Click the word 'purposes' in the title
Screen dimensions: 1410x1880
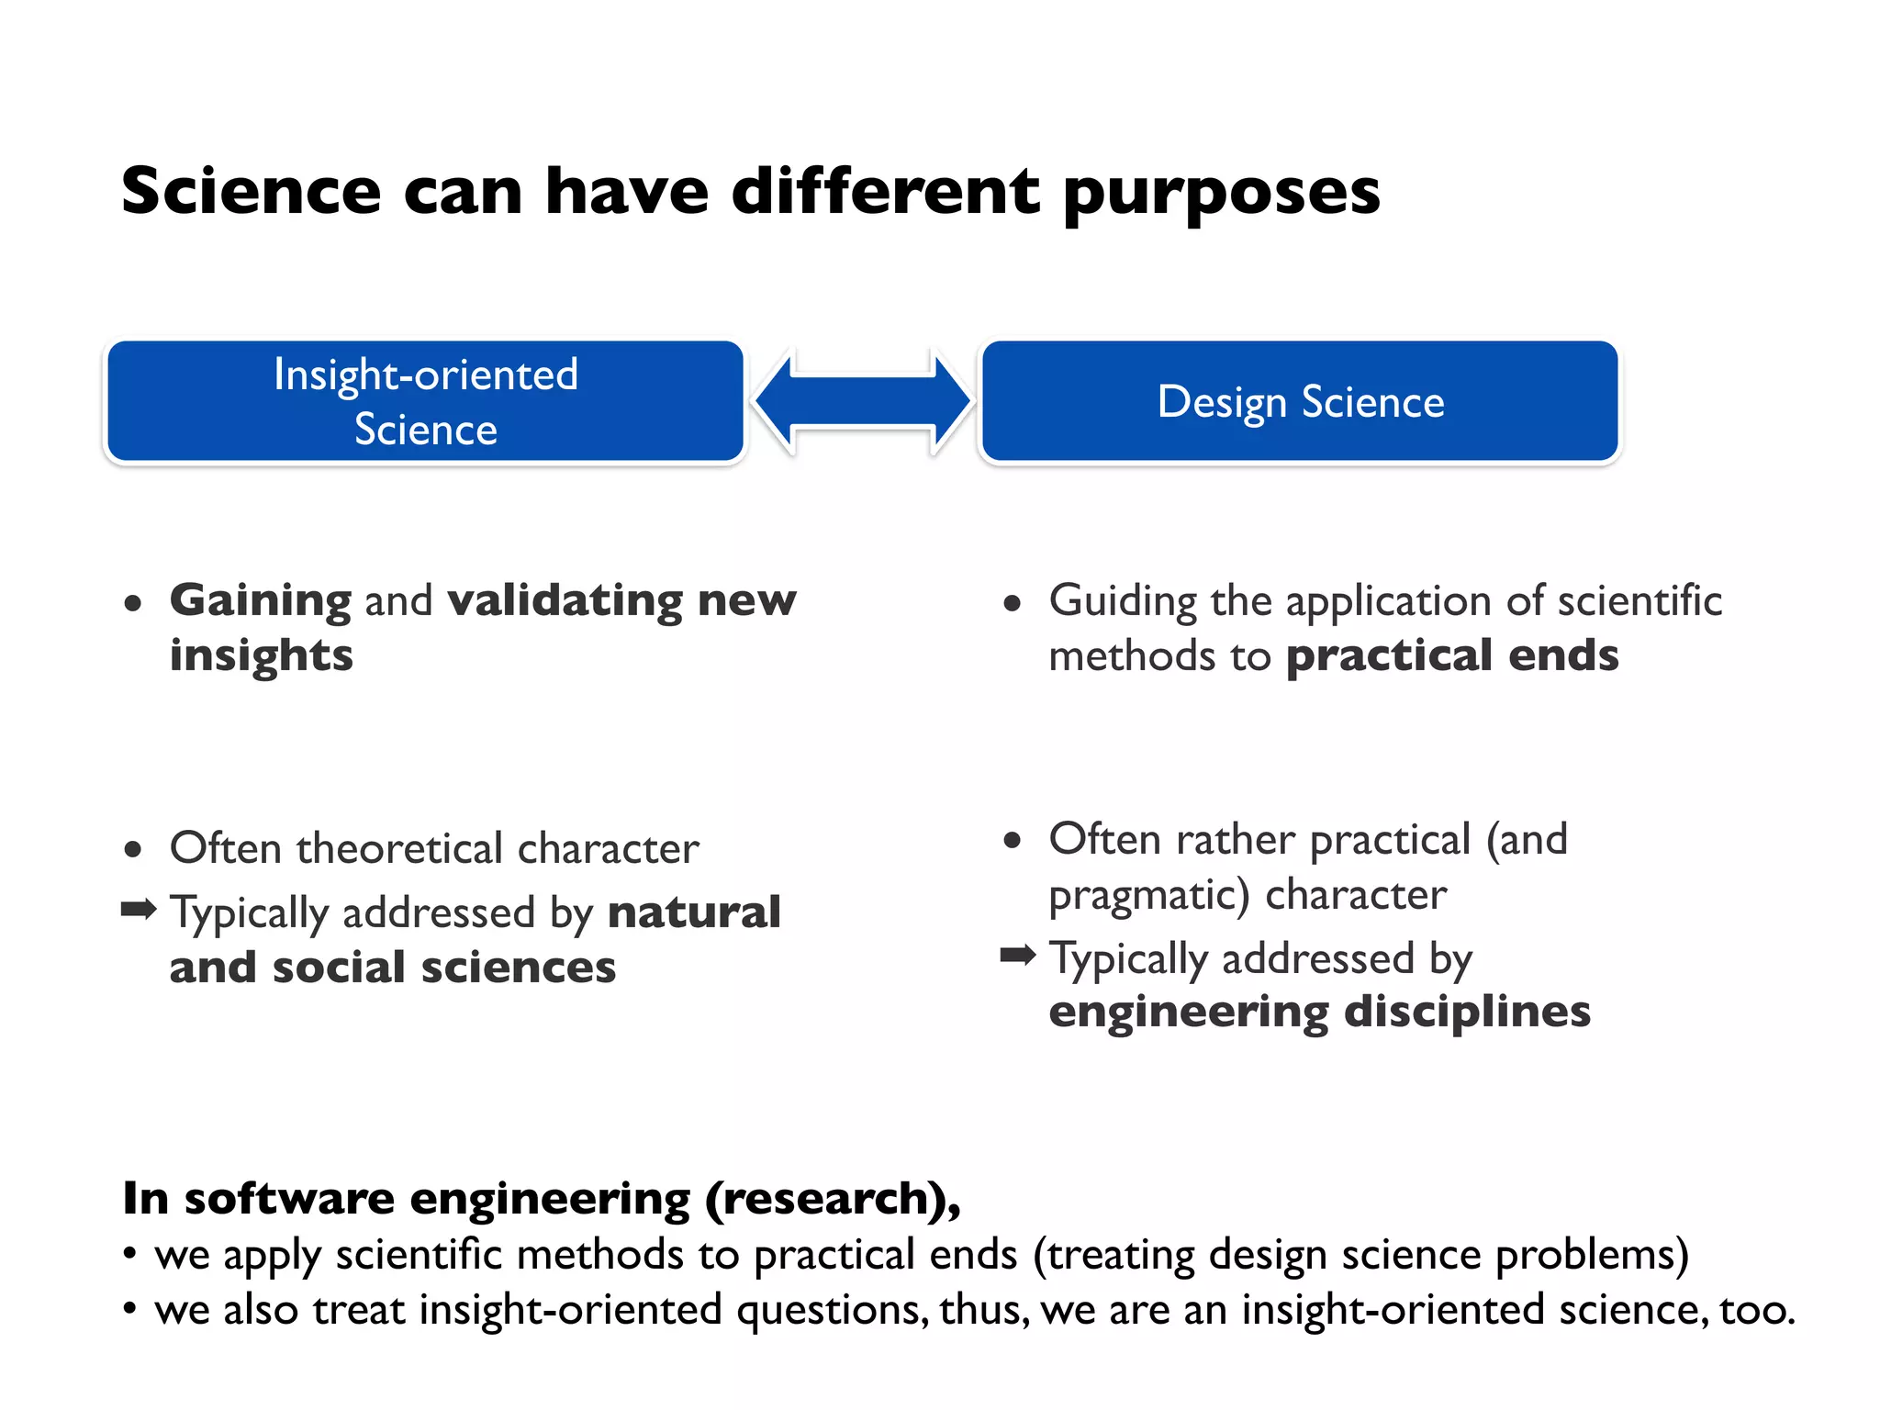pyautogui.click(x=1221, y=195)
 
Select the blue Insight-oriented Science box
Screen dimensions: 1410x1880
pyautogui.click(x=425, y=401)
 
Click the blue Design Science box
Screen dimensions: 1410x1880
pyautogui.click(x=1300, y=401)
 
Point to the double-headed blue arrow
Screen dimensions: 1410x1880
pyautogui.click(x=862, y=401)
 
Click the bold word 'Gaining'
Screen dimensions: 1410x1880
pyautogui.click(x=261, y=601)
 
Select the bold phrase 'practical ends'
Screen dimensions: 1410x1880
pyautogui.click(x=1452, y=655)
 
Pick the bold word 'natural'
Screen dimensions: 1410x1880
pyautogui.click(x=694, y=912)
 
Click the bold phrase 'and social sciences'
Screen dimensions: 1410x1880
pyautogui.click(x=393, y=968)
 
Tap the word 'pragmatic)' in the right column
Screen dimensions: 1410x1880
pyautogui.click(x=1149, y=895)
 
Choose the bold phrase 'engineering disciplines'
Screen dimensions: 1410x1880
pyautogui.click(x=1319, y=1012)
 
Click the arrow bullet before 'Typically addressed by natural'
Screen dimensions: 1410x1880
pyautogui.click(x=139, y=910)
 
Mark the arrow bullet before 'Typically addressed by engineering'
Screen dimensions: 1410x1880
pyautogui.click(x=1017, y=956)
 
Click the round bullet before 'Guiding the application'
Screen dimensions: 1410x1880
pyautogui.click(x=1013, y=603)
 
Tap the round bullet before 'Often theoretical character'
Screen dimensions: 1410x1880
pyautogui.click(x=133, y=849)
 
